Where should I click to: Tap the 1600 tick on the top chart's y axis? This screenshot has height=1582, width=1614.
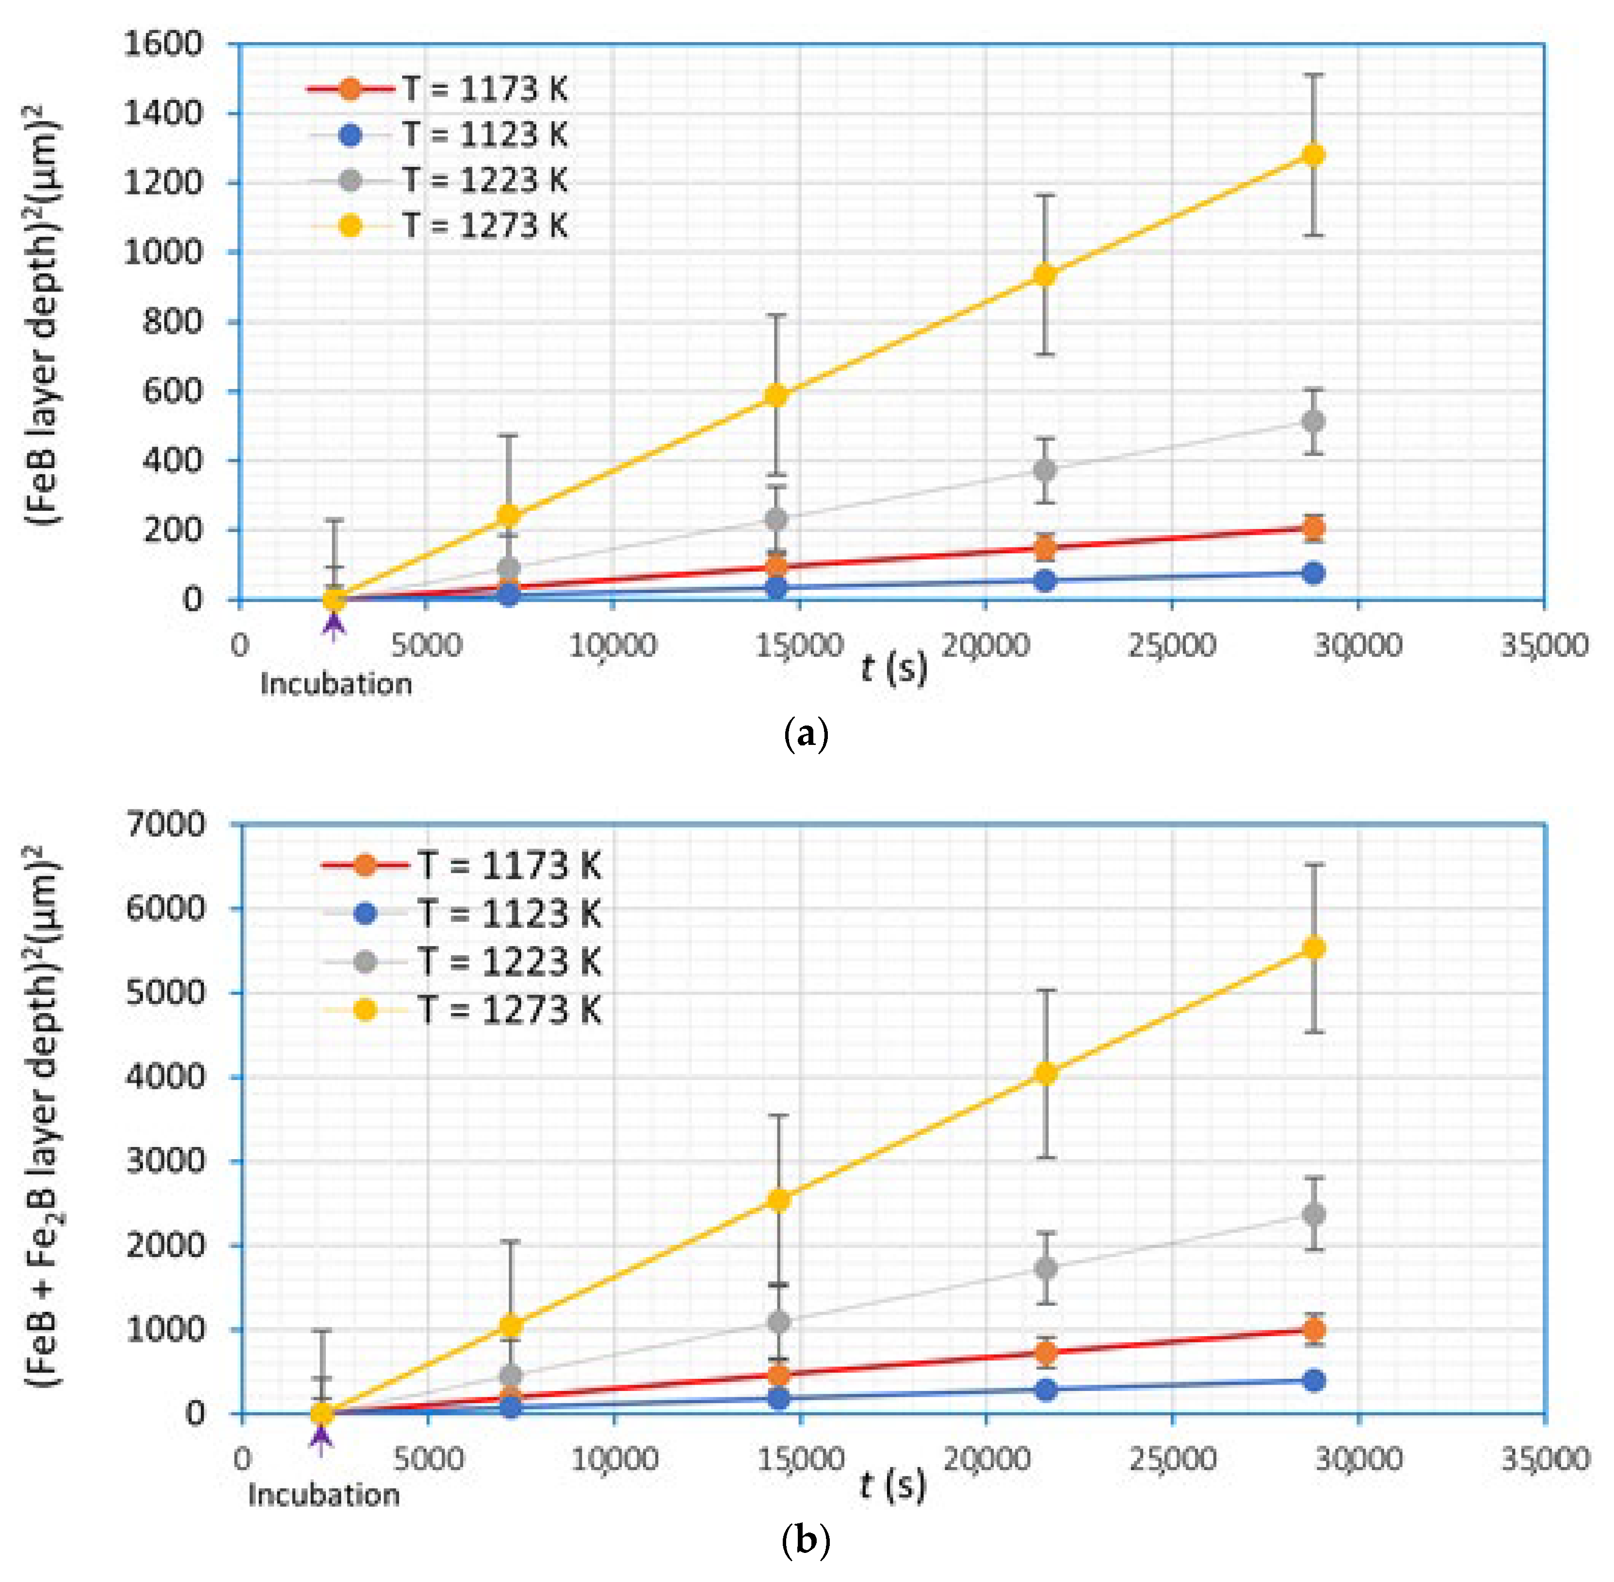(x=163, y=43)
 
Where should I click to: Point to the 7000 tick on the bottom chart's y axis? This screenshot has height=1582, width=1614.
(x=164, y=824)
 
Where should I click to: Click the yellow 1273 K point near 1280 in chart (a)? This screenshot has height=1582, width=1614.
(x=1313, y=155)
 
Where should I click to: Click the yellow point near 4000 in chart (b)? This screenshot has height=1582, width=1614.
(x=1046, y=1074)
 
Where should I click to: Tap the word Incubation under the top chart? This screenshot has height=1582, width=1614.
(x=336, y=684)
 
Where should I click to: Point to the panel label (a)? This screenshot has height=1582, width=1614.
(x=805, y=734)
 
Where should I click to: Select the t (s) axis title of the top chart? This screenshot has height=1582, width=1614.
(x=894, y=667)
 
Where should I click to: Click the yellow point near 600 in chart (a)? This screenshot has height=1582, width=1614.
(x=776, y=396)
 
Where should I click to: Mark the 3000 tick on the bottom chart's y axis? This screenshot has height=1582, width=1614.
(x=164, y=1161)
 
